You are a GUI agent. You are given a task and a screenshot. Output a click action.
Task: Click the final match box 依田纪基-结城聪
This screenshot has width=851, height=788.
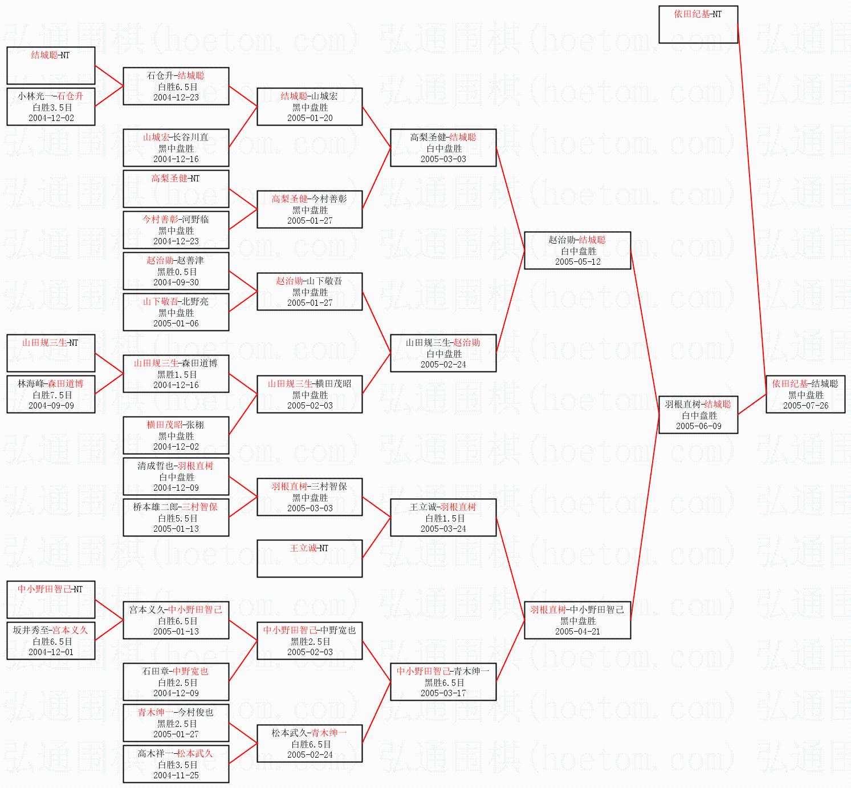tap(805, 394)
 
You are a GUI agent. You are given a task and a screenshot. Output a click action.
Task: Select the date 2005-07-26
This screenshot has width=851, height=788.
tap(805, 406)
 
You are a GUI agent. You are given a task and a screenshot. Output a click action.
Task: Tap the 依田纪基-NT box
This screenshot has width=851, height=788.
tap(698, 25)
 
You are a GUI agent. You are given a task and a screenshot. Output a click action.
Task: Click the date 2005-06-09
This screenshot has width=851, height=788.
tap(698, 426)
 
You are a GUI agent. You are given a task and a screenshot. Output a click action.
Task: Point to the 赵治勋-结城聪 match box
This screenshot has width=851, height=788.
tap(577, 250)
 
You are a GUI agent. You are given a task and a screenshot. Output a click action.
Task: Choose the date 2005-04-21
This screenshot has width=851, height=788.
tap(577, 632)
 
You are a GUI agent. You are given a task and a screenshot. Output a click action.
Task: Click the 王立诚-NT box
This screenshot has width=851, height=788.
tap(310, 559)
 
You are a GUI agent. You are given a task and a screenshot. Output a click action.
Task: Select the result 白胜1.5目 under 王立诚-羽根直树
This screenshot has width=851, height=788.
tap(443, 518)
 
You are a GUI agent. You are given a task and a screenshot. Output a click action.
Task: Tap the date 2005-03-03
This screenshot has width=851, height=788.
tap(443, 159)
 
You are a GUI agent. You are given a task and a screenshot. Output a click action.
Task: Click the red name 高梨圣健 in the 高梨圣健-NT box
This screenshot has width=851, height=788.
tap(169, 179)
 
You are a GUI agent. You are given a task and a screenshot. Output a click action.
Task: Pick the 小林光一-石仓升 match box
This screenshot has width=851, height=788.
tap(51, 107)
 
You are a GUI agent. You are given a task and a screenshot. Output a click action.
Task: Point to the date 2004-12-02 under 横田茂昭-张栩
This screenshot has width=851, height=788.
tap(176, 447)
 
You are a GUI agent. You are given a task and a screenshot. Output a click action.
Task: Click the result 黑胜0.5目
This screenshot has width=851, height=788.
tap(176, 272)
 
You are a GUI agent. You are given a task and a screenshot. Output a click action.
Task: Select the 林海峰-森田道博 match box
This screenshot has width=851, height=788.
tap(51, 394)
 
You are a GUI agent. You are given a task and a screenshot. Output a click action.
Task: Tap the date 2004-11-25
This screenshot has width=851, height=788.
tap(176, 775)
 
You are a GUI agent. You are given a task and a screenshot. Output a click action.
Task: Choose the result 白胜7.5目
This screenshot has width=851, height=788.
tap(52, 395)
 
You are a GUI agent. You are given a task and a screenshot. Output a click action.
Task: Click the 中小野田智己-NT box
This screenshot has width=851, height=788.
tap(51, 600)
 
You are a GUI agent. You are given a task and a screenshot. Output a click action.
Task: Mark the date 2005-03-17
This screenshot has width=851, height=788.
tap(443, 693)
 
